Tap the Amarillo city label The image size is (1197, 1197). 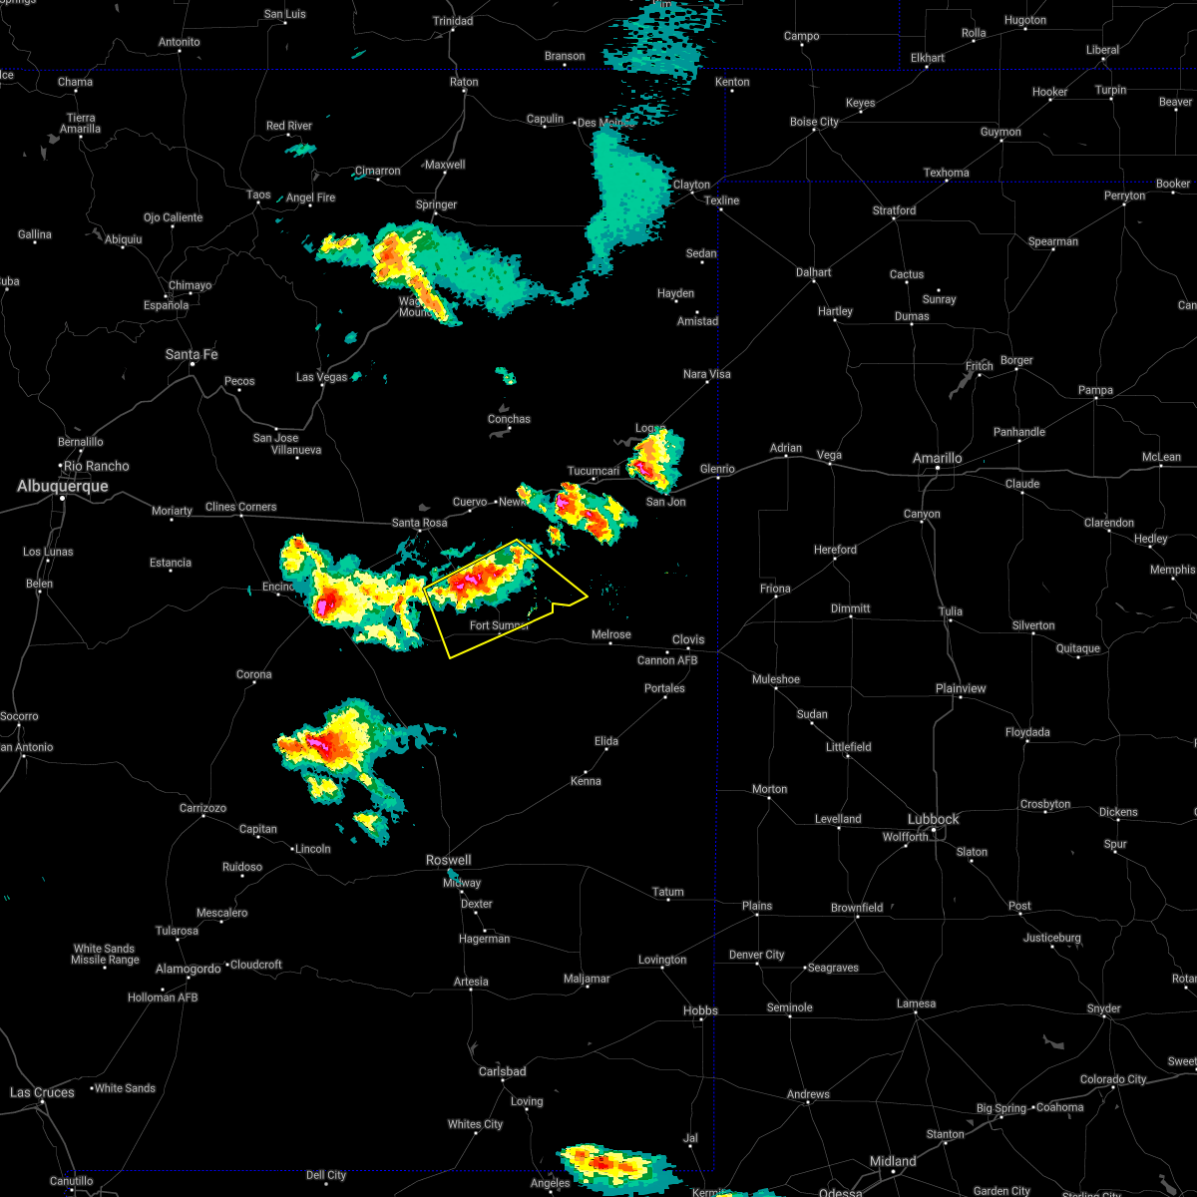(x=938, y=458)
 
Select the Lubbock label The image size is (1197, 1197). (x=933, y=819)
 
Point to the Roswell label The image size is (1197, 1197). (x=448, y=860)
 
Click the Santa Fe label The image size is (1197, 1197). (x=191, y=354)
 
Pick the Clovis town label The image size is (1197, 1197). (x=687, y=639)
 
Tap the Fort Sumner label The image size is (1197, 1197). (x=499, y=625)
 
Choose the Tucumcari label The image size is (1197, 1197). (x=594, y=471)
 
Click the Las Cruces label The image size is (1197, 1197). (x=42, y=1092)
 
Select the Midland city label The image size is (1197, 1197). (x=893, y=1161)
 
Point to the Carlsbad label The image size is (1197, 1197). (x=502, y=1071)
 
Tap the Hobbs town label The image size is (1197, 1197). (x=700, y=1010)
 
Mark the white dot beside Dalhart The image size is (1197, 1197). (x=814, y=281)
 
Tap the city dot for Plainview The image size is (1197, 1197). (x=961, y=697)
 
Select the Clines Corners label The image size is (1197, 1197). (x=240, y=507)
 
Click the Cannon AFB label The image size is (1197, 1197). (x=667, y=660)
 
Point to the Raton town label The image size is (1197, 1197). (x=464, y=82)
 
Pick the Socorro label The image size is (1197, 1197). (x=19, y=716)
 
